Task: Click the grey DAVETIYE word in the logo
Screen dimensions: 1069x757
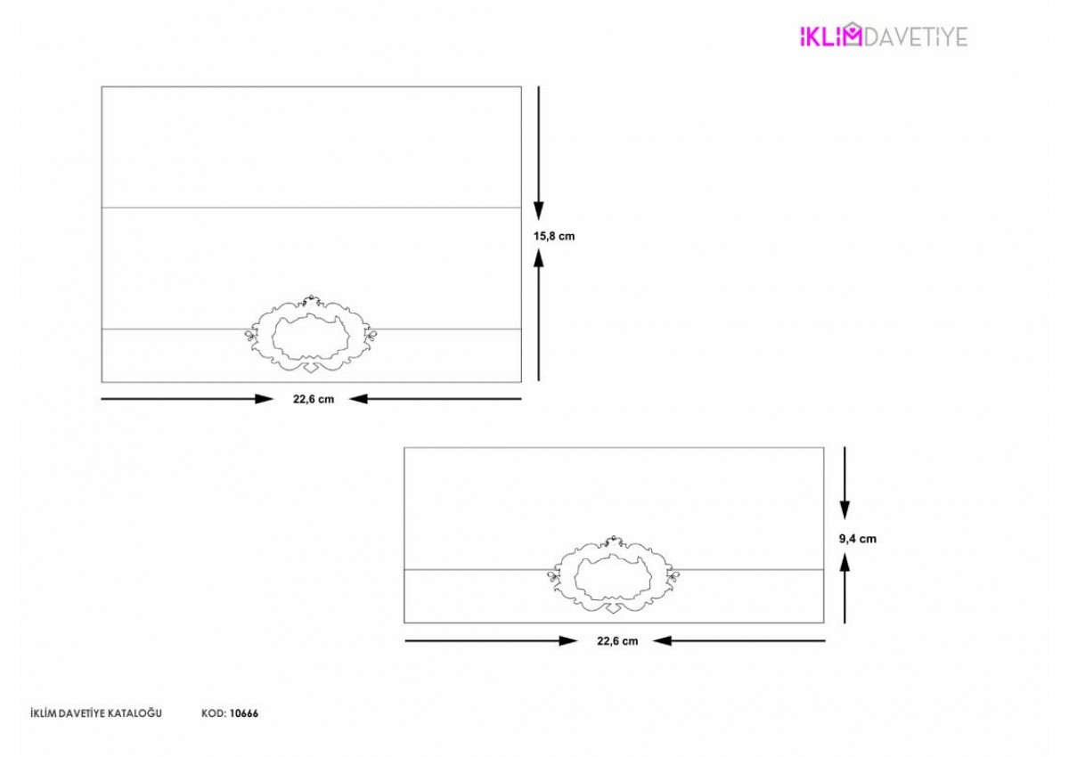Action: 916,37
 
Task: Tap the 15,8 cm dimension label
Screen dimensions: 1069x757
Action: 554,236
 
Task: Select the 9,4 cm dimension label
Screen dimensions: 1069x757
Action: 858,539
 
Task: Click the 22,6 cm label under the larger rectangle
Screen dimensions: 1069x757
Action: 314,399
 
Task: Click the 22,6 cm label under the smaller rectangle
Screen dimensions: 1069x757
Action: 617,641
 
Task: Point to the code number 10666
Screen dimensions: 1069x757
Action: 244,713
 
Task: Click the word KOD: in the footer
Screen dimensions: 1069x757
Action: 213,713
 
